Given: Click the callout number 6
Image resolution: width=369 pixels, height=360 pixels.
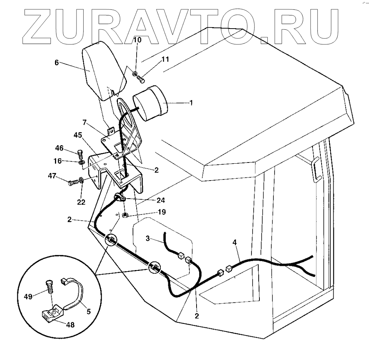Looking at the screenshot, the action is coord(56,62).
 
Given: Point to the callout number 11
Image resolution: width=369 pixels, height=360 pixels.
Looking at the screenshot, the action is coord(166,59).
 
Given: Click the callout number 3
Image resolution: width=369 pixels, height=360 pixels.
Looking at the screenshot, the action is coord(148,238).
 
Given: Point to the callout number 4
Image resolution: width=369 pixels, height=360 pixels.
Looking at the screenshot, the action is coord(235,243).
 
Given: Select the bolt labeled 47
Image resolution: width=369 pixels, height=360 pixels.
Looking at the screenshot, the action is coord(73,183).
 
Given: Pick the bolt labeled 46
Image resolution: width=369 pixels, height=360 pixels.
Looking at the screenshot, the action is coord(79,154).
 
